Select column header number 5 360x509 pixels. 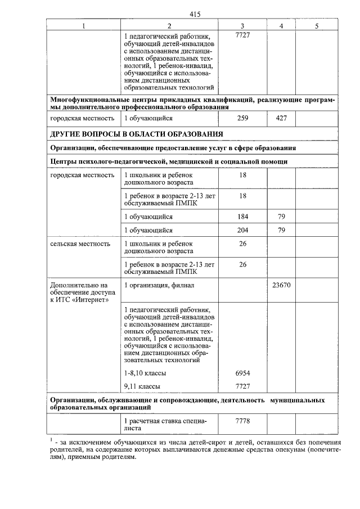pos(317,26)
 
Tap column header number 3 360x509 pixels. pos(242,26)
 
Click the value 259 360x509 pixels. pos(242,119)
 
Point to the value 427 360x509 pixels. pos(281,119)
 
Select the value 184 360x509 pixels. pos(242,217)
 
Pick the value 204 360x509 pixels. pos(242,231)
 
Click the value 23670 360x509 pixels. pos(281,285)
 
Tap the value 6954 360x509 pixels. pos(242,373)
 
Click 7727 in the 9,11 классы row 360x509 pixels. pos(242,386)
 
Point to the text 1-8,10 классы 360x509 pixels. pos(146,373)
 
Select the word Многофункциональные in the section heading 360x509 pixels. pos(87,100)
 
